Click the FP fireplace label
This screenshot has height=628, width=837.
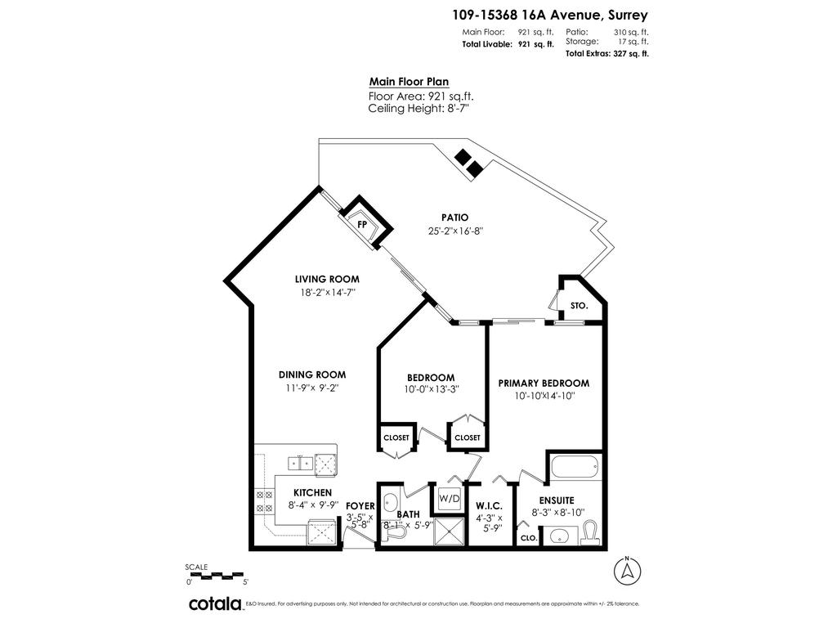(x=361, y=223)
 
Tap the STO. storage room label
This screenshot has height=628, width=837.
(x=580, y=305)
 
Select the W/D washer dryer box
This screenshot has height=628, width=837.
(x=449, y=498)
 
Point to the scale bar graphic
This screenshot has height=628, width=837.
(x=216, y=575)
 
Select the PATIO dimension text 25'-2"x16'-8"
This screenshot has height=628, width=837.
(x=454, y=231)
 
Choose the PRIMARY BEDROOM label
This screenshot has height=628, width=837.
(x=544, y=383)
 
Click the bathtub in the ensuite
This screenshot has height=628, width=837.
(x=575, y=469)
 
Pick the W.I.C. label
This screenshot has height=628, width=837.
(x=489, y=506)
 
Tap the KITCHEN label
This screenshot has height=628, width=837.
(x=312, y=492)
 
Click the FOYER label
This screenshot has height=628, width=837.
(x=360, y=506)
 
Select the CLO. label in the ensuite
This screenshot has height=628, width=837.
(x=528, y=538)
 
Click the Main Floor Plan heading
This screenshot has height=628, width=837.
(x=409, y=82)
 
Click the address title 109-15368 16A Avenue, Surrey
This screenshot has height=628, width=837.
(x=550, y=14)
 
